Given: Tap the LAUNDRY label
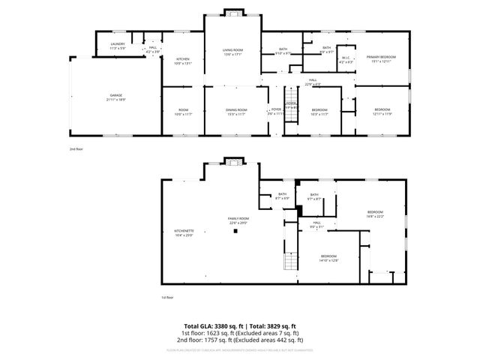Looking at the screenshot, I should [118, 43].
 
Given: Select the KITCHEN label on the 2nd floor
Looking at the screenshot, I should [183, 58].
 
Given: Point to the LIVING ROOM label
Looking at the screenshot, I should [233, 50].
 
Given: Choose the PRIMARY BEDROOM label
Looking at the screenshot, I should [381, 56].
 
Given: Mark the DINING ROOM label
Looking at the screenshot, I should [237, 110].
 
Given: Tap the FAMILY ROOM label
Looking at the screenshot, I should [238, 219].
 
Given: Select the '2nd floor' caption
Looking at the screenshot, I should [76, 149].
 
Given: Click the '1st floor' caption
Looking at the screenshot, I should [166, 297].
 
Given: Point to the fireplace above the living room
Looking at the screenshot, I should [233, 13].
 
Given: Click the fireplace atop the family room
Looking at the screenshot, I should [233, 162].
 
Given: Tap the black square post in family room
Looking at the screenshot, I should [235, 232].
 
